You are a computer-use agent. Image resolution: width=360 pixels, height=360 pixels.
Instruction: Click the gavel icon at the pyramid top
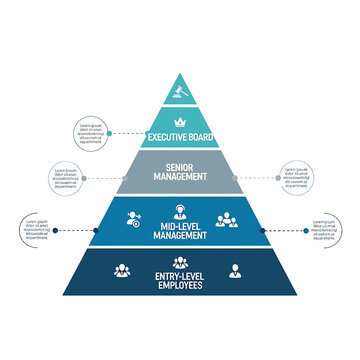(180, 91)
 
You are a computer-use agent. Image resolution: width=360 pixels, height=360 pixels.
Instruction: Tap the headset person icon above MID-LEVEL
(180, 211)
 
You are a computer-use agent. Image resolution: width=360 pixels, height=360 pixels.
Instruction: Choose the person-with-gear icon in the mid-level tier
(134, 220)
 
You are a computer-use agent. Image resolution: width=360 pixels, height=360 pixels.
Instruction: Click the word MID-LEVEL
(180, 228)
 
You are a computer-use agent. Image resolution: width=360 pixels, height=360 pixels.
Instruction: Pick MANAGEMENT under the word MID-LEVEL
(180, 238)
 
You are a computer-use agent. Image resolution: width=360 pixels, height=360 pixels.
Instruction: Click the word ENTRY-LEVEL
(180, 277)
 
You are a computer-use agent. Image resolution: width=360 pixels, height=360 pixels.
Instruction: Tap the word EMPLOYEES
(180, 287)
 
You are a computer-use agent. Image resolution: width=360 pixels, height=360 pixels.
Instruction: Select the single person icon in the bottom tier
(235, 270)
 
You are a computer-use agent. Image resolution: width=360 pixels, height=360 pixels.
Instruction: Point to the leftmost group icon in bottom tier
(122, 270)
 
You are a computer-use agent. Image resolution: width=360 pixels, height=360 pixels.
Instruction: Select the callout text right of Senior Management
(295, 177)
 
